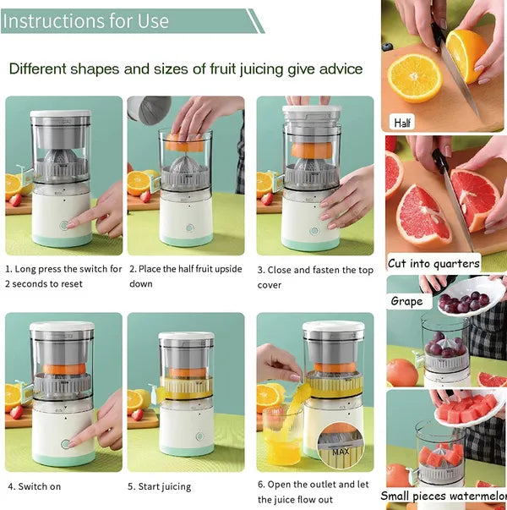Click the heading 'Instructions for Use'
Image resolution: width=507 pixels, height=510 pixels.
[86, 20]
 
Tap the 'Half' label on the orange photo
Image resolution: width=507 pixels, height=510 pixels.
[403, 123]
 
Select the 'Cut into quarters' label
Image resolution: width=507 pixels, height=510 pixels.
[433, 263]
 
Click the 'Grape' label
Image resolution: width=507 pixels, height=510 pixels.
[406, 301]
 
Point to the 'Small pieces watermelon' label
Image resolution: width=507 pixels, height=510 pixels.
[443, 496]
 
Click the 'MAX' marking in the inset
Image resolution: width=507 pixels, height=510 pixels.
[341, 452]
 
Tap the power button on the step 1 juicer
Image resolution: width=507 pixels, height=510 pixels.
[64, 226]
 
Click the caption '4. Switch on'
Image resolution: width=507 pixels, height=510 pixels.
[34, 486]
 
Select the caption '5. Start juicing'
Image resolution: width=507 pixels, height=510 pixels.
[160, 486]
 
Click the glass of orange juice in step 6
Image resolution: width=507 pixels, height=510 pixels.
[282, 436]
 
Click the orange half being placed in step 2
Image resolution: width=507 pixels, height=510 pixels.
[183, 144]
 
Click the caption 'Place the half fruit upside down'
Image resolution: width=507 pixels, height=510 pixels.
[184, 277]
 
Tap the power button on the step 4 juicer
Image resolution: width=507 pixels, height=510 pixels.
[64, 443]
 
